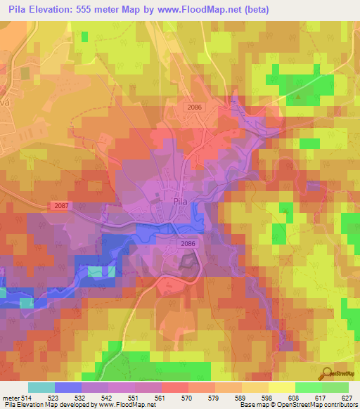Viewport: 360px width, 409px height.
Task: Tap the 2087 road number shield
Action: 61,205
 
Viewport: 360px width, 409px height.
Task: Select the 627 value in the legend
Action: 347,397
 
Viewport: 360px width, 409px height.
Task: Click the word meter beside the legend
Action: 11,397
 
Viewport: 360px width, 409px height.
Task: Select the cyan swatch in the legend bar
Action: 41,387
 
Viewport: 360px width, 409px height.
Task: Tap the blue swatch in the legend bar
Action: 67,387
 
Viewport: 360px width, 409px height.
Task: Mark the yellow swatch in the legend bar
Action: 281,387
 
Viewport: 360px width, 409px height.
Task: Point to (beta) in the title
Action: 257,8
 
